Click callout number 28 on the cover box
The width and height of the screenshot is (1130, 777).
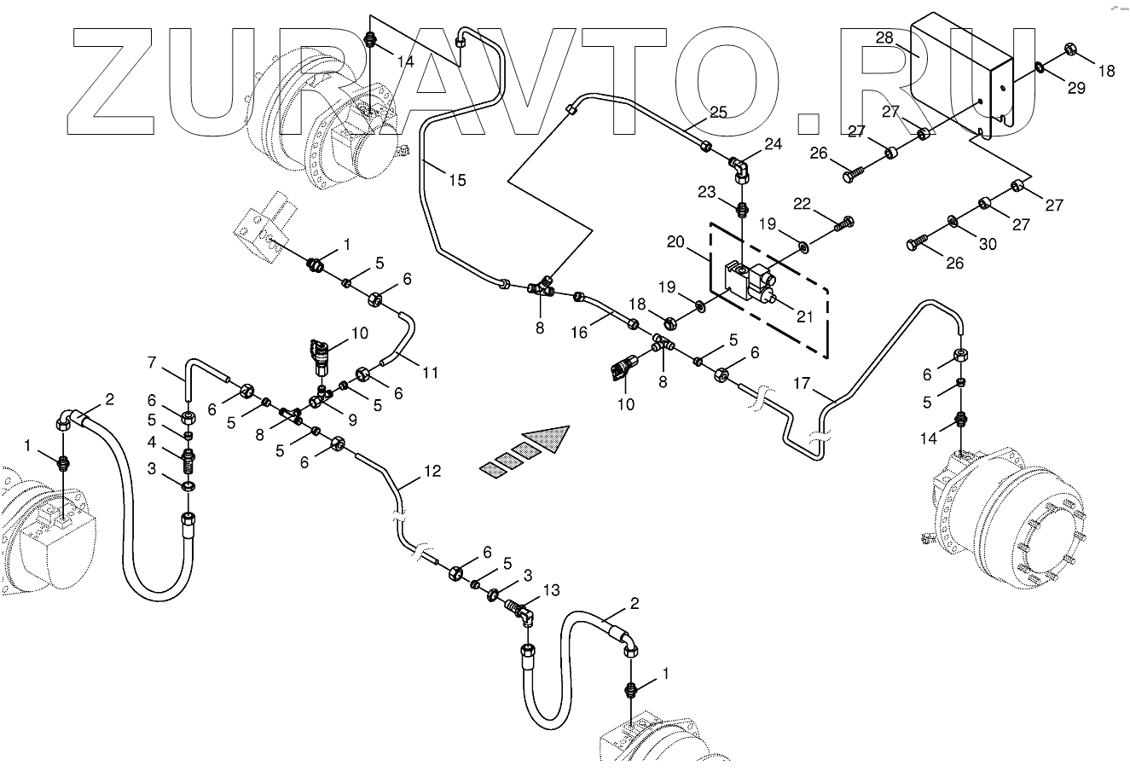coord(884,38)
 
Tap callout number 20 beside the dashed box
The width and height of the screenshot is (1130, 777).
coord(675,242)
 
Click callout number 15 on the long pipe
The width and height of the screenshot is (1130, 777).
coord(457,180)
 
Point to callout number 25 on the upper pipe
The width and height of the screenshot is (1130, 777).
coord(719,112)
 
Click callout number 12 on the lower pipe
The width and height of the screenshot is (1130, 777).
coord(432,471)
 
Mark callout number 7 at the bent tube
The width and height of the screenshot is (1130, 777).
coord(153,364)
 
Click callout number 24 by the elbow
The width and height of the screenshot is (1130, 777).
coord(773,144)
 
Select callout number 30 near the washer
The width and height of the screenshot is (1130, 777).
coord(987,244)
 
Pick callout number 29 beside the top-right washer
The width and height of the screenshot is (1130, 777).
coord(1076,88)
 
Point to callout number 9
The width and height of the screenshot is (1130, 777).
coord(351,419)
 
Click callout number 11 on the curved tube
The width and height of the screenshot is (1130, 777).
coord(430,373)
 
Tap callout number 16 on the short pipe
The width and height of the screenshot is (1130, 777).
coord(579,333)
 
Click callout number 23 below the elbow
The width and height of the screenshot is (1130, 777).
coord(707,192)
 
